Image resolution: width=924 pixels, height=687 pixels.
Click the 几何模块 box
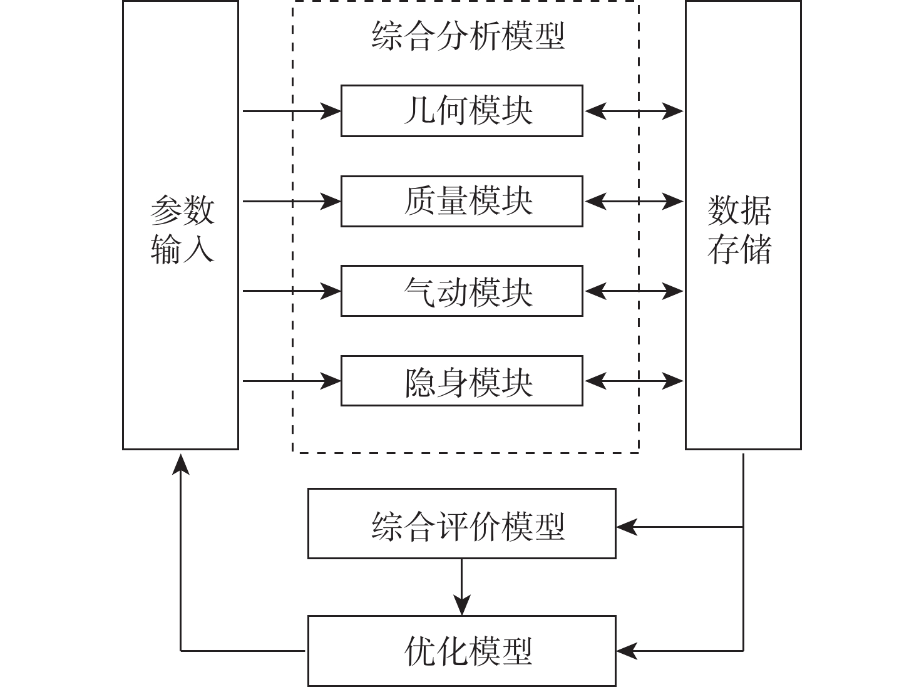coord(461,111)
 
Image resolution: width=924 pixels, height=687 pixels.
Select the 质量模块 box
coord(461,201)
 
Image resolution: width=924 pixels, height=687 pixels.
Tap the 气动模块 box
coord(461,291)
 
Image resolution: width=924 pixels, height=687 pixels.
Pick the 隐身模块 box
coord(461,381)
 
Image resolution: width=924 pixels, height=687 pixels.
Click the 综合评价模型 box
coord(461,524)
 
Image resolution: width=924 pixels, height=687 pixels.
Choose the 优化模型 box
coord(461,651)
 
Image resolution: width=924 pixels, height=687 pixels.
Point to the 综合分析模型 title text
coord(468,35)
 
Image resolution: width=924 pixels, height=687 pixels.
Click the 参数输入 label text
coord(182,229)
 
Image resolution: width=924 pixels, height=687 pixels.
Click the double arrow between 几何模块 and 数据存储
coord(634,111)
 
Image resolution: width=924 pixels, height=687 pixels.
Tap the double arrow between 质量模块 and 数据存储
coord(634,201)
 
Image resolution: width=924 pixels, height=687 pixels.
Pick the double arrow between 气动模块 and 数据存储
coord(634,291)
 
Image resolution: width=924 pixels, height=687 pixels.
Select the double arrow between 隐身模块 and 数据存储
coord(634,381)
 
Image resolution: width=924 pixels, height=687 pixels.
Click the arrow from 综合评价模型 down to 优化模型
coord(461,587)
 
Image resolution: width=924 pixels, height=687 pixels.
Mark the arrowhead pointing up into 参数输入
coord(181,464)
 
